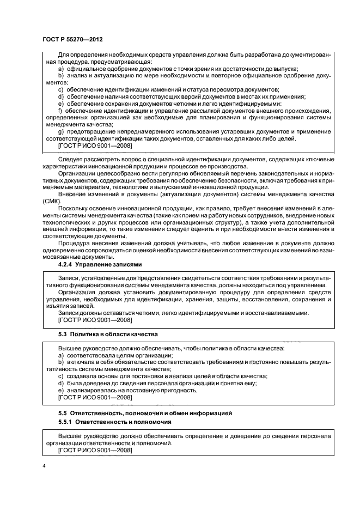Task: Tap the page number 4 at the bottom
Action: point(44,466)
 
